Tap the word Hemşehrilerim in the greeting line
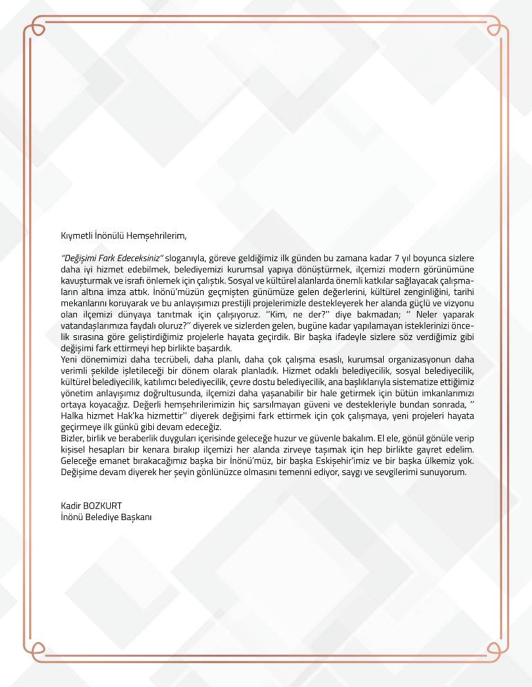[157, 236]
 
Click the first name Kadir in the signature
[71, 506]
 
